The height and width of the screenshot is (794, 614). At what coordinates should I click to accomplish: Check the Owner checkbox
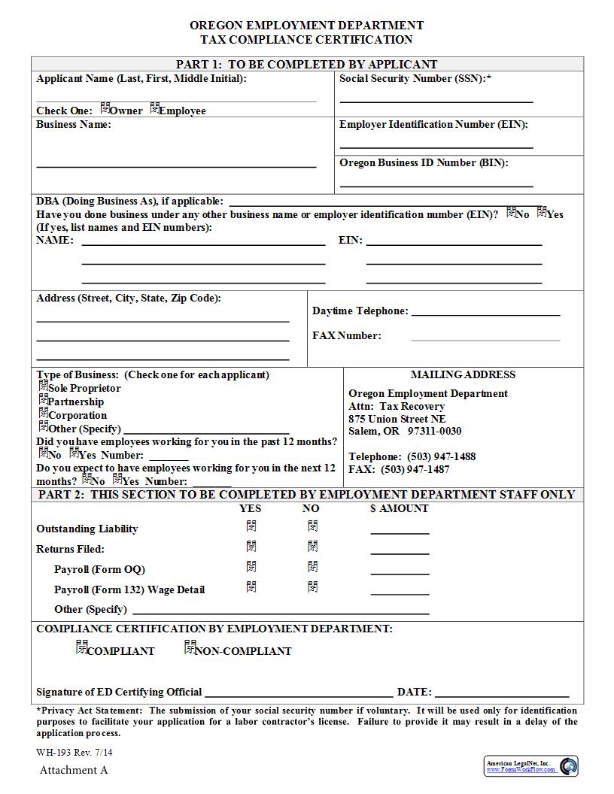tap(105, 108)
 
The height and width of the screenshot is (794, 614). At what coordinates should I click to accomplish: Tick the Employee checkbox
tap(155, 108)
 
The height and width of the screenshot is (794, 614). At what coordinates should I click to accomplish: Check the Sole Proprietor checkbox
tap(44, 386)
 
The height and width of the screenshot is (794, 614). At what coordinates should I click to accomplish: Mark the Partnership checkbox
tap(44, 400)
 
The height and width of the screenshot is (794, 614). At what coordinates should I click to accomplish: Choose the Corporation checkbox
tap(44, 414)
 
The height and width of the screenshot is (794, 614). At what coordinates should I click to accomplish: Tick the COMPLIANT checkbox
tap(82, 647)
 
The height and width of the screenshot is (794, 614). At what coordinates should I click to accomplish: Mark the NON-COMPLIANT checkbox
tap(190, 647)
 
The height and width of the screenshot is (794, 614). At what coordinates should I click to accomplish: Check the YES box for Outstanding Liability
tap(251, 526)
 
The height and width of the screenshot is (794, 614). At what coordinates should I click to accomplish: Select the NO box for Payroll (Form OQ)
tap(312, 567)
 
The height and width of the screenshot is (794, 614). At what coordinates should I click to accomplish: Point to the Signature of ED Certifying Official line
tap(298, 694)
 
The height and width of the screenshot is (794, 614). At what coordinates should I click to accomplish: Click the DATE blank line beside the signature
tap(501, 694)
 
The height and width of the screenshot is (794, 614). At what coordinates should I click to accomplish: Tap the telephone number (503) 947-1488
tap(442, 456)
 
